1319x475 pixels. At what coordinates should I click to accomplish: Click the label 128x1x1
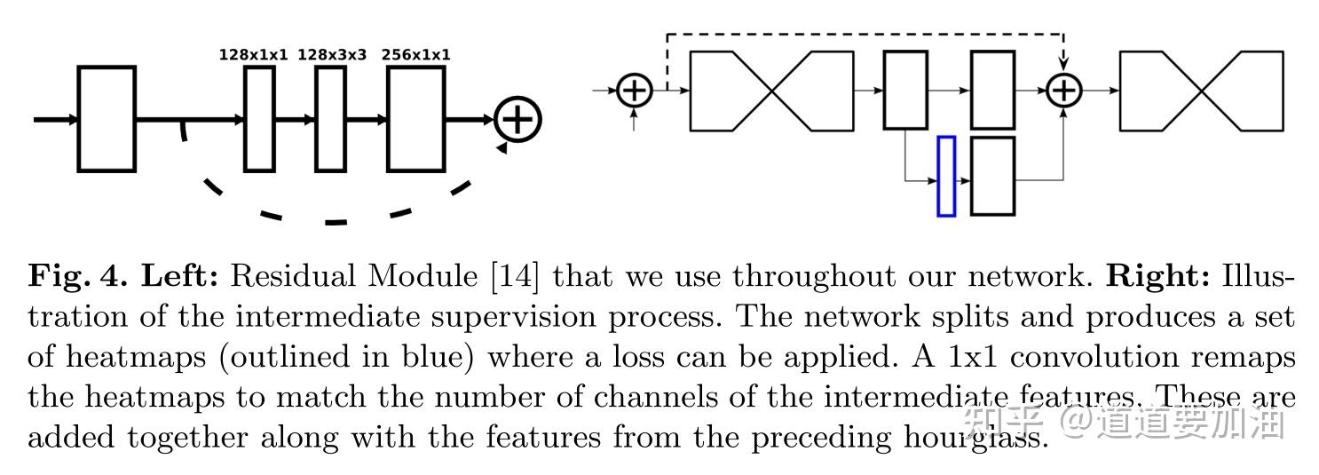click(x=254, y=55)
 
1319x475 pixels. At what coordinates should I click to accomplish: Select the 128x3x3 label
click(x=331, y=55)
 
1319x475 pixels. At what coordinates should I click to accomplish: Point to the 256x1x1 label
click(x=415, y=55)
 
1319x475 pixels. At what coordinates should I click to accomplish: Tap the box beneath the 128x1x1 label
click(x=259, y=118)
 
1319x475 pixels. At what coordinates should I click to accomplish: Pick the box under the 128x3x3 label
click(x=330, y=118)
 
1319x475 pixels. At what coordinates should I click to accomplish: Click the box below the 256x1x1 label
click(x=415, y=118)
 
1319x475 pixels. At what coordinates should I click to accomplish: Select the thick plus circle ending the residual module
click(x=517, y=119)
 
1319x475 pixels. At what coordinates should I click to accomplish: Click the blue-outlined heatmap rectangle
click(x=946, y=176)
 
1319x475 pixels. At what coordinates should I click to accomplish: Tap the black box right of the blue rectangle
click(x=992, y=176)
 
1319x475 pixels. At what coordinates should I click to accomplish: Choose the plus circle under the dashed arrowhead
click(x=1063, y=90)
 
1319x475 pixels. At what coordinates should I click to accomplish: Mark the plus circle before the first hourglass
click(x=634, y=90)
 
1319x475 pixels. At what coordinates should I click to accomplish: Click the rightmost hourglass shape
click(x=1201, y=91)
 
